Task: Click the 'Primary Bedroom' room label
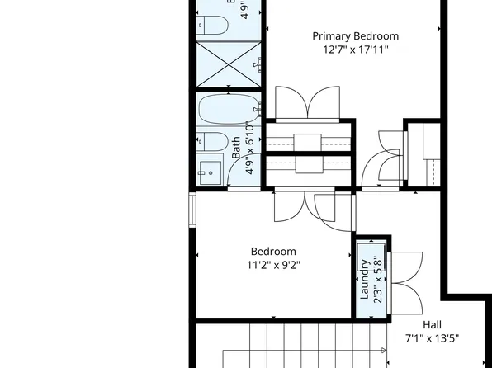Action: pyautogui.click(x=355, y=36)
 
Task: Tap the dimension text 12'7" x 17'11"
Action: pyautogui.click(x=355, y=50)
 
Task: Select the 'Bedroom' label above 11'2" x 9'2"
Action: pyautogui.click(x=272, y=252)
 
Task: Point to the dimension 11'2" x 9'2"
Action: pyautogui.click(x=272, y=266)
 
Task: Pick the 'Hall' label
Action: pyautogui.click(x=432, y=324)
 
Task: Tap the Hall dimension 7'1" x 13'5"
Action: pyautogui.click(x=432, y=338)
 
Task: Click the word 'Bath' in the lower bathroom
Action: pyautogui.click(x=237, y=147)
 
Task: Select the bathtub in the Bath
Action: pyautogui.click(x=228, y=109)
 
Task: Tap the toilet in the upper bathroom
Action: pyautogui.click(x=212, y=26)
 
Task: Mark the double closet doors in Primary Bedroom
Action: pyautogui.click(x=307, y=103)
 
